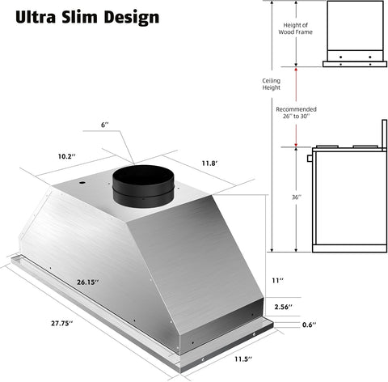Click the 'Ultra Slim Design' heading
pyautogui.click(x=87, y=17)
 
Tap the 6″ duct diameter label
pyautogui.click(x=105, y=125)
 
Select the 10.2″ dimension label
pyautogui.click(x=66, y=156)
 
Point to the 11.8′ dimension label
pyautogui.click(x=209, y=163)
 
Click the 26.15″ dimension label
pyautogui.click(x=88, y=282)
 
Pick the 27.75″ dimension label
pyautogui.click(x=62, y=323)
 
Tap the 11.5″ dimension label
pyautogui.click(x=243, y=359)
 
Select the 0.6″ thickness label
pyautogui.click(x=310, y=325)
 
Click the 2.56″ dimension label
pyautogui.click(x=284, y=307)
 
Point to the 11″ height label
pyautogui.click(x=277, y=281)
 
